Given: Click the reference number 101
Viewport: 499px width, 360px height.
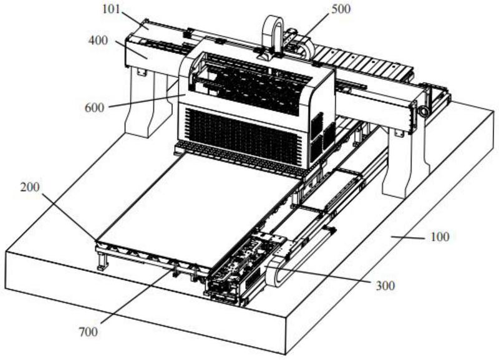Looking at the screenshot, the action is click(111, 9).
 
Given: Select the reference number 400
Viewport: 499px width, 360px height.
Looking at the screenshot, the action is click(98, 41).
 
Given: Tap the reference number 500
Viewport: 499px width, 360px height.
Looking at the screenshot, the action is click(341, 9).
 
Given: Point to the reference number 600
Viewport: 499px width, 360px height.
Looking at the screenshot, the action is click(94, 107).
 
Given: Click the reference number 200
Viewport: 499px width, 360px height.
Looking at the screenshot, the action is click(30, 187).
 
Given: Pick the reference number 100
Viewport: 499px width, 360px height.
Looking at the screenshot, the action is click(440, 237).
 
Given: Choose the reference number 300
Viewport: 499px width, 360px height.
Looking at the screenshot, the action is click(385, 286).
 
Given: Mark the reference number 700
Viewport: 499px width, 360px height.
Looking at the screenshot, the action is click(88, 332).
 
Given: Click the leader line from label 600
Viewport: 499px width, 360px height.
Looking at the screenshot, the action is click(147, 101).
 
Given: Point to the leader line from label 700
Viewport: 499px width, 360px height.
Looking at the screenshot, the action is click(137, 297).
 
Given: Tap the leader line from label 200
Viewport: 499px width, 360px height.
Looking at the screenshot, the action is click(69, 216).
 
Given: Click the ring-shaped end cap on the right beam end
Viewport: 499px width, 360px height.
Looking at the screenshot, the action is click(424, 111).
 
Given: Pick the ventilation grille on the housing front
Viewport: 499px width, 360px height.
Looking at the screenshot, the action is click(242, 135).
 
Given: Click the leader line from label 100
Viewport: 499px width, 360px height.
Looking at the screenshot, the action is click(409, 237).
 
